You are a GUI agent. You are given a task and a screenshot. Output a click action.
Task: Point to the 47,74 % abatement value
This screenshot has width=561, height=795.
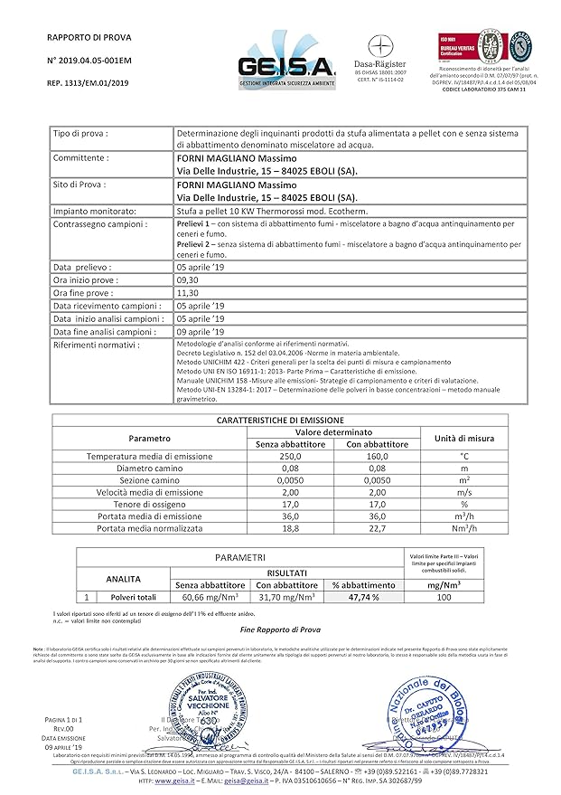pos(358,598)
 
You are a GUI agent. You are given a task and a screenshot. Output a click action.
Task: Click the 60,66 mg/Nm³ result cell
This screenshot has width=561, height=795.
pos(210,598)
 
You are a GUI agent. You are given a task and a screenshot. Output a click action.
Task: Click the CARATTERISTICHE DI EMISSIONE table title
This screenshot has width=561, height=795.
pos(280,421)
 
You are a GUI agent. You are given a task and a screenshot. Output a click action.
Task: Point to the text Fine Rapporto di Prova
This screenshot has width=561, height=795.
pos(280,629)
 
